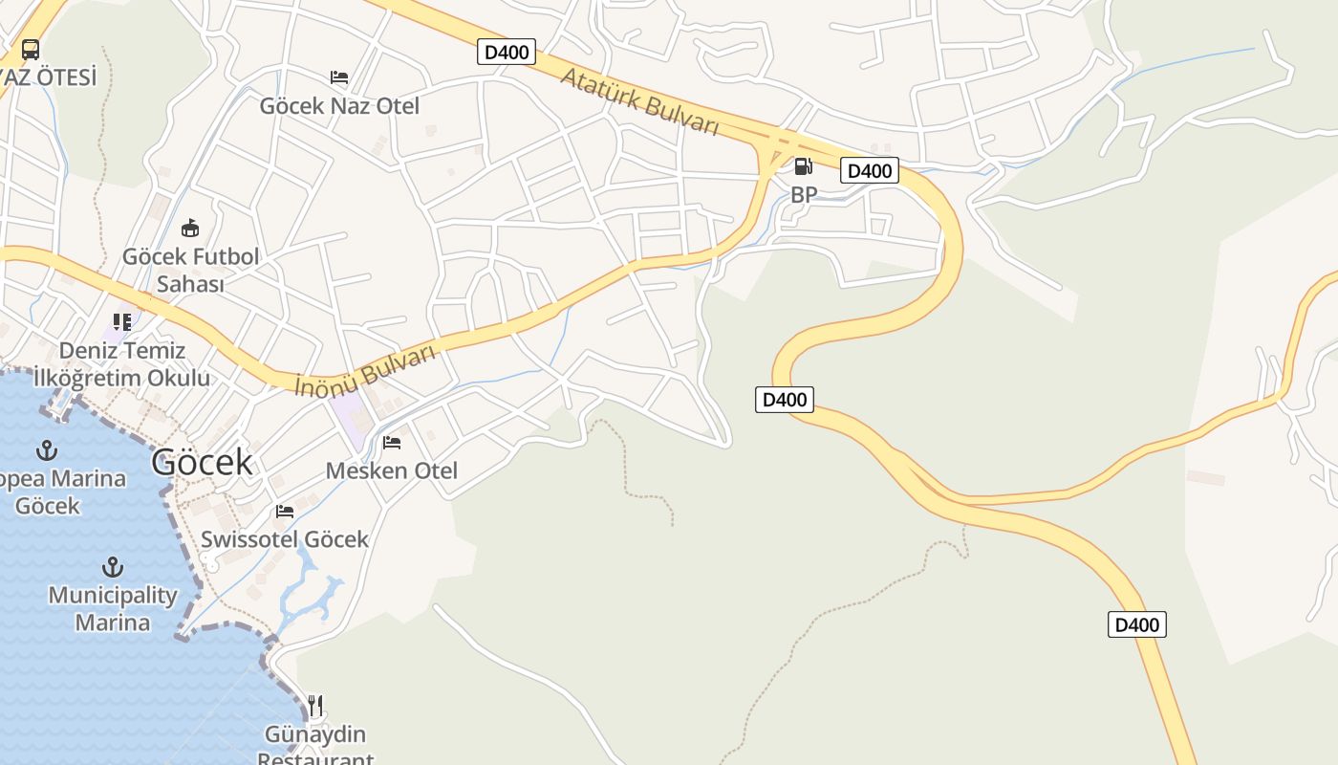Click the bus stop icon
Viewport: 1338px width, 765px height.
click(x=31, y=49)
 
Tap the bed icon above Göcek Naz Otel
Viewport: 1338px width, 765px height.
click(x=339, y=76)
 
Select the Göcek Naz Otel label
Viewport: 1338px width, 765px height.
click(x=339, y=106)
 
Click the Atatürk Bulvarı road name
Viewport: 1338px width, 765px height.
click(x=638, y=100)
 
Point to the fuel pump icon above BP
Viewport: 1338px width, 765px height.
click(x=803, y=166)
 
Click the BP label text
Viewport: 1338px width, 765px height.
click(x=804, y=194)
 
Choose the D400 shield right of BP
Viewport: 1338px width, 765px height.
click(x=870, y=170)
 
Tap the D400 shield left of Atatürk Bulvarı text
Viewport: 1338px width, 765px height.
click(x=507, y=52)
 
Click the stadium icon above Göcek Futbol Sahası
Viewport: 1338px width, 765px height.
click(x=190, y=228)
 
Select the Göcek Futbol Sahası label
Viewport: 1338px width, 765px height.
click(x=190, y=270)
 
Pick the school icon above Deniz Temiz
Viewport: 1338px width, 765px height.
click(x=121, y=321)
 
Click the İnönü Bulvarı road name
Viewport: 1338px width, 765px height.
click(x=365, y=370)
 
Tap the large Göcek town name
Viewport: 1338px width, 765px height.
click(x=202, y=462)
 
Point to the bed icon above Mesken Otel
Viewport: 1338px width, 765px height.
click(x=392, y=442)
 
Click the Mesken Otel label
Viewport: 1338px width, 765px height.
click(x=392, y=470)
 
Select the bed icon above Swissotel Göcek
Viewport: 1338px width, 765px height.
click(x=285, y=512)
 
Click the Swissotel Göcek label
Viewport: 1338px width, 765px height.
click(x=285, y=539)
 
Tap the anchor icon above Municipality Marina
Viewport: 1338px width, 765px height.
click(x=113, y=567)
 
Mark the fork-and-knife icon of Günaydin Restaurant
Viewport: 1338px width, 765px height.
click(x=315, y=706)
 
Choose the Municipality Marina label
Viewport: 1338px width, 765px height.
click(x=113, y=608)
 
